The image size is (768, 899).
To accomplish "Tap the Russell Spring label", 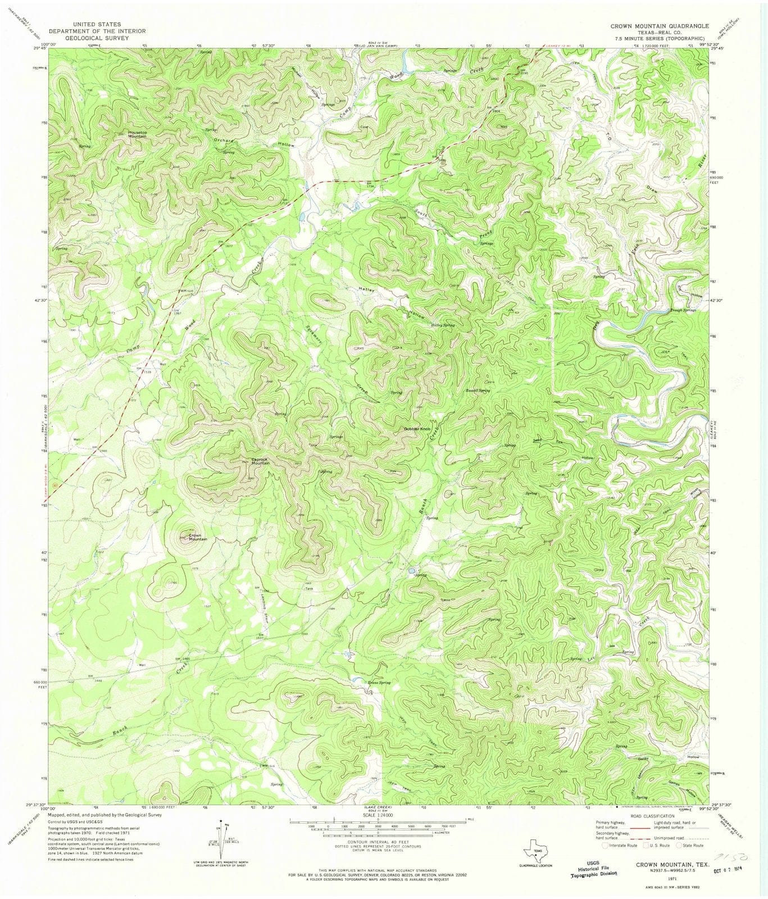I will click(x=477, y=390).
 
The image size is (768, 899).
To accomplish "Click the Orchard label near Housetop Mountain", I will click(x=222, y=139).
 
